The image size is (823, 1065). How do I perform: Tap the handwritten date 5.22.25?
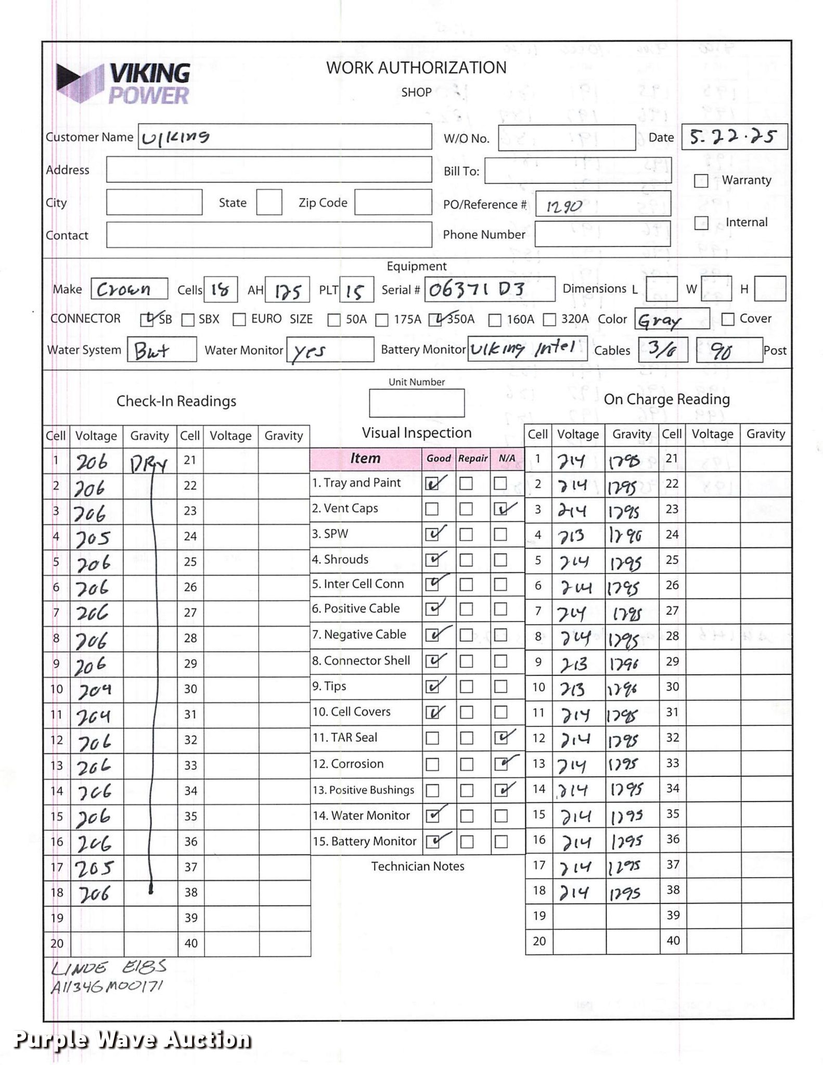(x=733, y=137)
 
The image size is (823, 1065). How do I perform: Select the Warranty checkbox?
(x=701, y=181)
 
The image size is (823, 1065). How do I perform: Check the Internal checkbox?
(x=701, y=223)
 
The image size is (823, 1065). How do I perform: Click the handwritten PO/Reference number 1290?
(x=564, y=206)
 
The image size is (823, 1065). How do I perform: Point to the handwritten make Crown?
(x=124, y=289)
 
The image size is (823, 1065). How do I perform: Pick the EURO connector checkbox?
(x=239, y=319)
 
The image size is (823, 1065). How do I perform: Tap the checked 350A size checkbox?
(x=436, y=319)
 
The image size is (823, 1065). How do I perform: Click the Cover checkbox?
(x=728, y=319)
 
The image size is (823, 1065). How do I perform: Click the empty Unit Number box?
(x=417, y=403)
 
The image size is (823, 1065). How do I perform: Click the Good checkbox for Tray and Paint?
(x=432, y=484)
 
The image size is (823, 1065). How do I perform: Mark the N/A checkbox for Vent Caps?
(x=500, y=510)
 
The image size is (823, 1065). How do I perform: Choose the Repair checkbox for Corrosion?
(x=467, y=764)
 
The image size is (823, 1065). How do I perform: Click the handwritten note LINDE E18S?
(x=108, y=967)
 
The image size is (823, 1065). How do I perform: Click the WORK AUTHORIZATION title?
(x=416, y=68)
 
